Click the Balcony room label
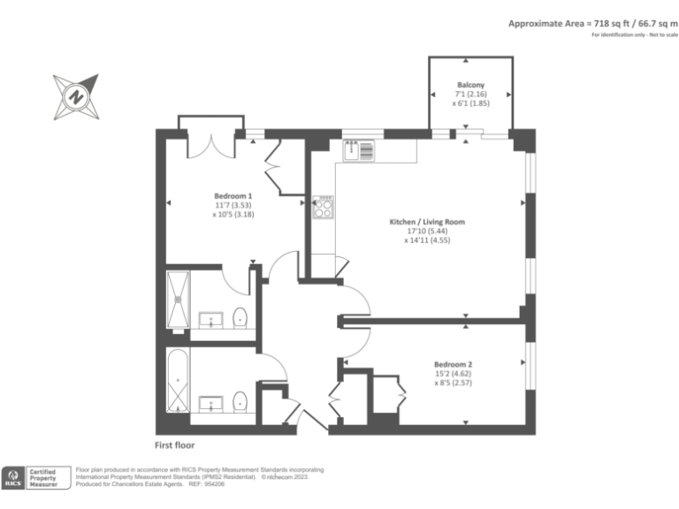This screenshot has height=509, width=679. click(x=470, y=85)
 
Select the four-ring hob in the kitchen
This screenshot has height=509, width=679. click(x=324, y=208)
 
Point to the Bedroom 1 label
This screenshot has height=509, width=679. click(x=233, y=195)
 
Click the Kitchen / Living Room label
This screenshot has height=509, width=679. click(x=428, y=222)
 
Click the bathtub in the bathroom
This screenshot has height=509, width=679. click(x=178, y=382)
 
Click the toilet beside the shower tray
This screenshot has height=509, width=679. click(x=239, y=316)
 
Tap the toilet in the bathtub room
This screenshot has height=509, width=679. click(x=239, y=402)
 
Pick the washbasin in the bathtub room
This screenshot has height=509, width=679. click(x=212, y=404)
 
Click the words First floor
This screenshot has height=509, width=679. click(x=174, y=445)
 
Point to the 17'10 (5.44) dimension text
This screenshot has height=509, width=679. click(x=428, y=231)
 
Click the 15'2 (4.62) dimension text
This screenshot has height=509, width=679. click(x=453, y=373)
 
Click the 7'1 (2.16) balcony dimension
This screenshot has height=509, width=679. click(x=470, y=94)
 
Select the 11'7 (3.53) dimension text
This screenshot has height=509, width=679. click(x=233, y=204)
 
